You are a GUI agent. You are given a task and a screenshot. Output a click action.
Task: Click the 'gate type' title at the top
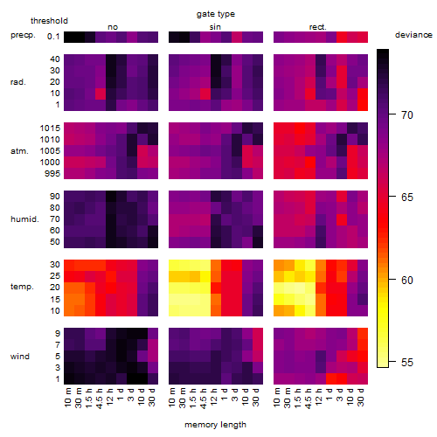(216, 14)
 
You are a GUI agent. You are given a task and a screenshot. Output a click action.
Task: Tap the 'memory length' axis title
(215, 425)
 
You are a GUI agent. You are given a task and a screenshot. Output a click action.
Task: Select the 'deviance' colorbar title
(413, 35)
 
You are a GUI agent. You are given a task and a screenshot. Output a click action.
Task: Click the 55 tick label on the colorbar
(407, 362)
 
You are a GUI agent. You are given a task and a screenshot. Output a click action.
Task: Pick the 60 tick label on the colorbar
(407, 280)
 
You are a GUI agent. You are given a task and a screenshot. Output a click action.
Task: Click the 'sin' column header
(215, 27)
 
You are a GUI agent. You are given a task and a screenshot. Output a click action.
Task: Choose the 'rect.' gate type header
(318, 27)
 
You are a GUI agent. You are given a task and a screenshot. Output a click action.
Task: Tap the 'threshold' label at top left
(49, 21)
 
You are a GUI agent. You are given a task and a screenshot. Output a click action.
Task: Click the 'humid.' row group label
(24, 219)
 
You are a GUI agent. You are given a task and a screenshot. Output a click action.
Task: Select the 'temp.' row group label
(22, 287)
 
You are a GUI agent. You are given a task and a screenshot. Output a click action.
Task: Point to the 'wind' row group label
(20, 357)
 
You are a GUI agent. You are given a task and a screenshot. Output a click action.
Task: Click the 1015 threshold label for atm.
(50, 128)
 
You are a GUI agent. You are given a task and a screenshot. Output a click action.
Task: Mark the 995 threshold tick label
(52, 174)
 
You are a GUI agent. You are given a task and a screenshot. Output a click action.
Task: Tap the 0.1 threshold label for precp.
(53, 37)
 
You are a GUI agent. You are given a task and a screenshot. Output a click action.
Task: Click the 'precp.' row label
(23, 35)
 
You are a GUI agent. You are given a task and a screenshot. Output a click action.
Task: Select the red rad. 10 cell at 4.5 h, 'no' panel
(101, 94)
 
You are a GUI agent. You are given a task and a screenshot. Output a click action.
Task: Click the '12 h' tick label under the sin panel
(214, 397)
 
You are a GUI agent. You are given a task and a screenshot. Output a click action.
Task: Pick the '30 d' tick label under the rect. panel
(361, 397)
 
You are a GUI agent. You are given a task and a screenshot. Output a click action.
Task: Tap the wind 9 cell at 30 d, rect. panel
(363, 334)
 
